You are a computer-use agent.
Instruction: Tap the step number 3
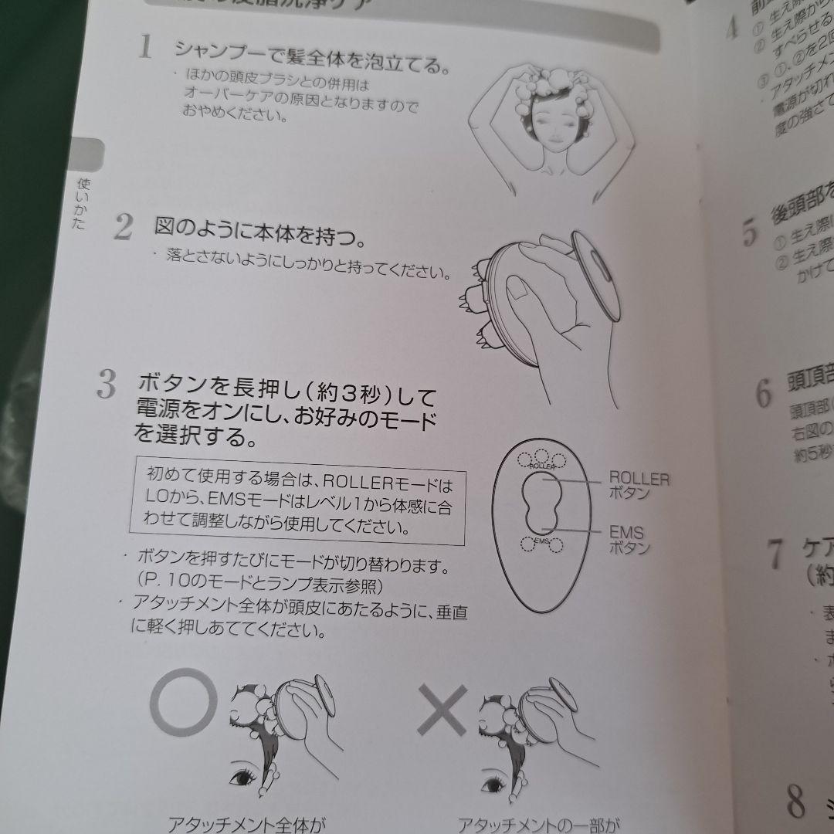(x=107, y=384)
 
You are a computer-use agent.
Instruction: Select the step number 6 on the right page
(x=764, y=393)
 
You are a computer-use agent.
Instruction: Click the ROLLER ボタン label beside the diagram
(x=639, y=486)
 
